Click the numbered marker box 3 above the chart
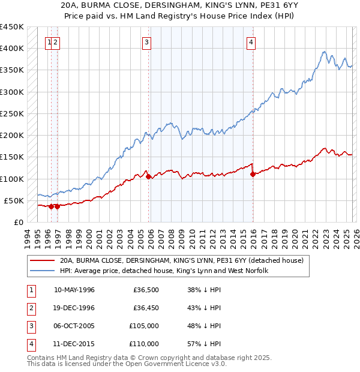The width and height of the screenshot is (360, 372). pyautogui.click(x=146, y=42)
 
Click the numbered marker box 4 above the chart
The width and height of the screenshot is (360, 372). pyautogui.click(x=251, y=42)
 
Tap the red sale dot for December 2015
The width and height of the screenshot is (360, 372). pyautogui.click(x=253, y=175)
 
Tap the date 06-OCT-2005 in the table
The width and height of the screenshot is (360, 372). pyautogui.click(x=74, y=327)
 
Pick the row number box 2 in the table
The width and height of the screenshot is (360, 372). pyautogui.click(x=30, y=308)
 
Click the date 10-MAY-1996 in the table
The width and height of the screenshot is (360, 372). pyautogui.click(x=74, y=290)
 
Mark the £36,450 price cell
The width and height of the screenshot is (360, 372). pyautogui.click(x=146, y=308)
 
